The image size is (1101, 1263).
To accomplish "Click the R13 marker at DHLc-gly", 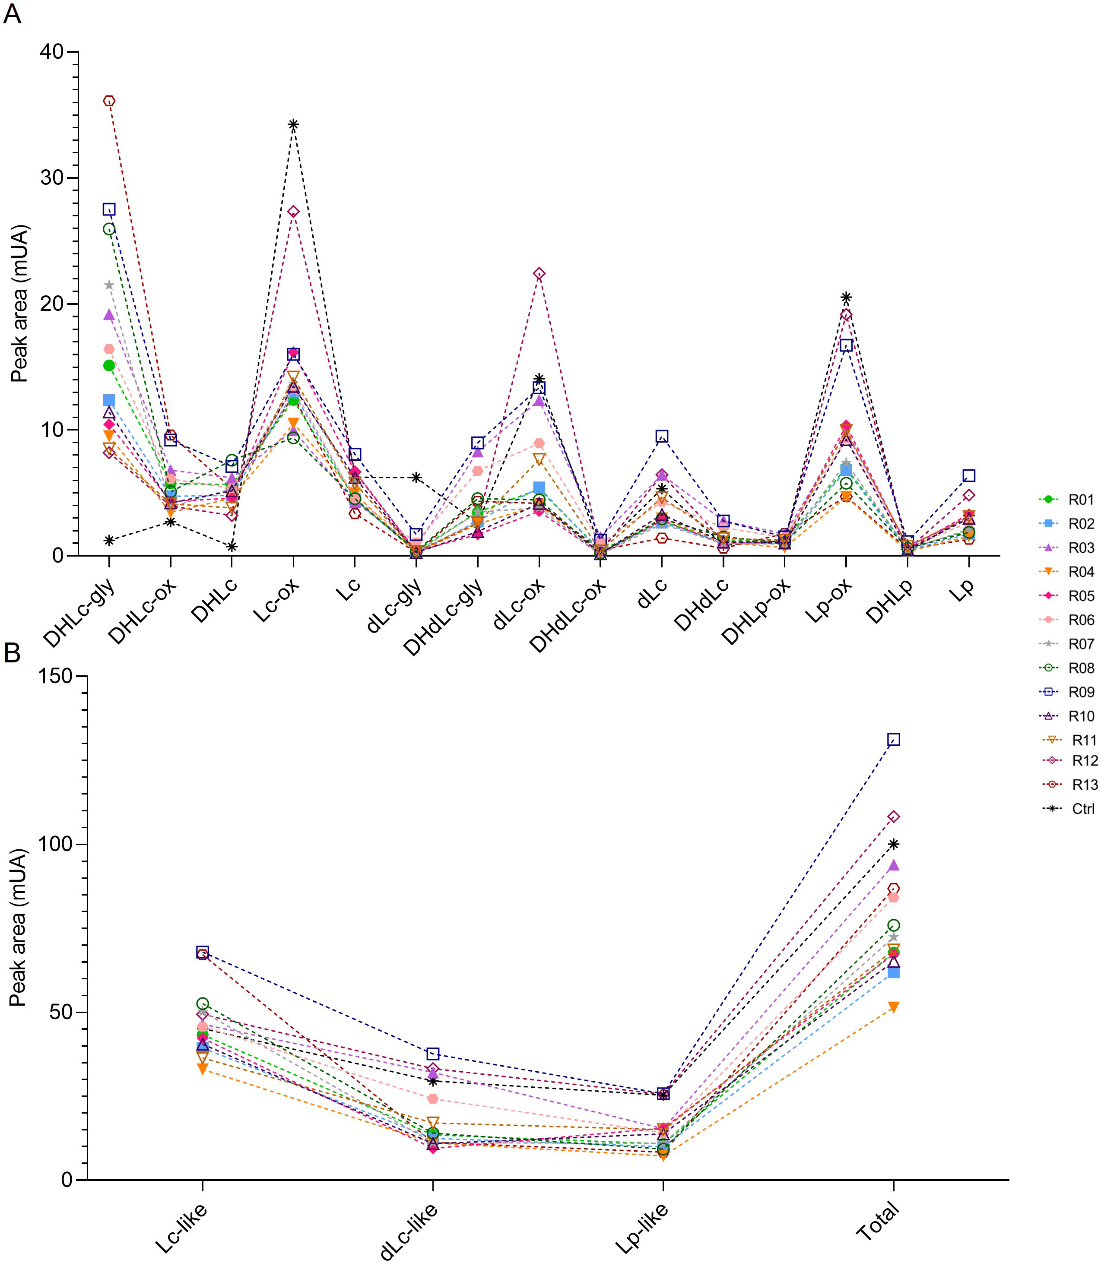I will [x=109, y=101].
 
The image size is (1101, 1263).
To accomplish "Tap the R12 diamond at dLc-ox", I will [x=539, y=274].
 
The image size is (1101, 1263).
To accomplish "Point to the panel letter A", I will [x=12, y=13].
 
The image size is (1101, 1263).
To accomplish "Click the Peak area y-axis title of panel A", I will [x=20, y=304].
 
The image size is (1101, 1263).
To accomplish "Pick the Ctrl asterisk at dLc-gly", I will [x=416, y=477].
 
